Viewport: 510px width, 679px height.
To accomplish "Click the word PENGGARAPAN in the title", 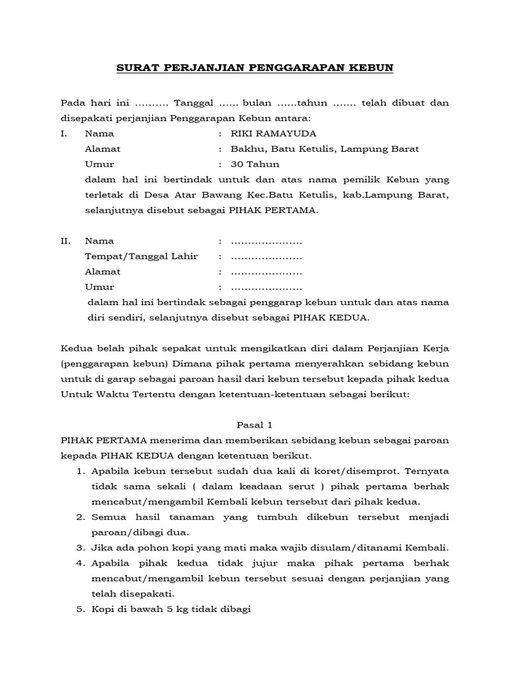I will coord(275,68).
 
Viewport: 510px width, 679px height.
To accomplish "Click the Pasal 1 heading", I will coord(254,424).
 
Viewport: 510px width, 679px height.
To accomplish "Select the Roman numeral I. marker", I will coord(64,134).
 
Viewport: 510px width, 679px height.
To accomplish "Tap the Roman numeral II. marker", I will coord(65,241).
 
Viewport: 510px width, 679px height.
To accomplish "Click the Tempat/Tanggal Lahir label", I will coord(141,256).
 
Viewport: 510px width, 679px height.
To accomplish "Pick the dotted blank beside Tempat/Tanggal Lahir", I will coord(266,257).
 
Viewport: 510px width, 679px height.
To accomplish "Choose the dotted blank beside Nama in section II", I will coord(266,241).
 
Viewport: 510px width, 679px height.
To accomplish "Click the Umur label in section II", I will coord(100,287).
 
